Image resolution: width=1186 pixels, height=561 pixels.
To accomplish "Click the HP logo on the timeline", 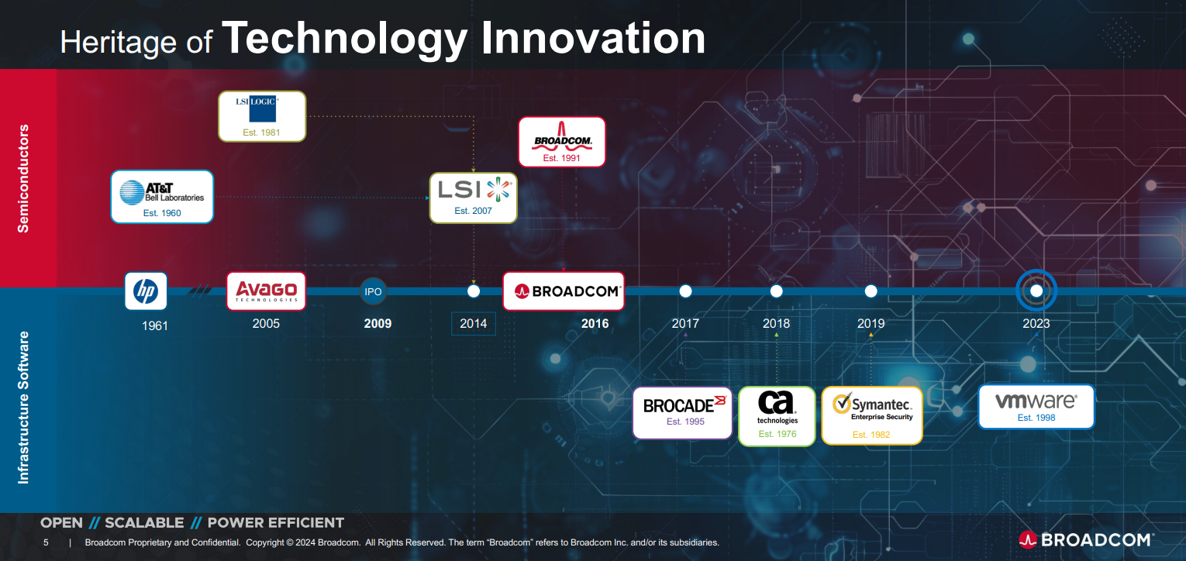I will pyautogui.click(x=146, y=291).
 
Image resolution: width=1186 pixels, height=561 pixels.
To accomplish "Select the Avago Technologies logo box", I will pyautogui.click(x=266, y=291).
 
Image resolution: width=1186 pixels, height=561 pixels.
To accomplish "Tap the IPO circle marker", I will pyautogui.click(x=373, y=291).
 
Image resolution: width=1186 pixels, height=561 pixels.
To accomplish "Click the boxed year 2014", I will pyautogui.click(x=473, y=323).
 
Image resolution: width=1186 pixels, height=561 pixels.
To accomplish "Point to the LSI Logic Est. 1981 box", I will pyautogui.click(x=262, y=116).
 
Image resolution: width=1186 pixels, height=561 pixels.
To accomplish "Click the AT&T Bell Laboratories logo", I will pyautogui.click(x=162, y=197).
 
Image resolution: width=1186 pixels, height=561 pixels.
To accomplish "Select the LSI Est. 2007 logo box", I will pyautogui.click(x=473, y=198).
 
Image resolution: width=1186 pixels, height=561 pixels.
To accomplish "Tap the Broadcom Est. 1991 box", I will pyautogui.click(x=561, y=142).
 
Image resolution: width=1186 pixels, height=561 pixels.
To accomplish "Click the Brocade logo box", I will pyautogui.click(x=682, y=412).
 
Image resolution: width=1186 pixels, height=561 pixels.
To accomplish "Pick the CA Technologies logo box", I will pyautogui.click(x=777, y=416).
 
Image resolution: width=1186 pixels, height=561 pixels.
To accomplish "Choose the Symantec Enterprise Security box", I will pyautogui.click(x=872, y=415).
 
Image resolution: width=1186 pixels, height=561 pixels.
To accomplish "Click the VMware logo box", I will pyautogui.click(x=1036, y=407).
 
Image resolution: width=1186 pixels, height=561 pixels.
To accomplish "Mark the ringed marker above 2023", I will pyautogui.click(x=1036, y=291).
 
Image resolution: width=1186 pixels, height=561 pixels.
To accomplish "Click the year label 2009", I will pyautogui.click(x=378, y=323).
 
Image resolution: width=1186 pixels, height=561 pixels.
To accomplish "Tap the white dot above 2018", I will pyautogui.click(x=776, y=291).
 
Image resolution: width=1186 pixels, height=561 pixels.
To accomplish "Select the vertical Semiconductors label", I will pyautogui.click(x=24, y=178).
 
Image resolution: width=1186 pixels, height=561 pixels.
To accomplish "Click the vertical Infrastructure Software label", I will pyautogui.click(x=24, y=408).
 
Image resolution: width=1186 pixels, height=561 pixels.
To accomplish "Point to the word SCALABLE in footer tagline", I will pyautogui.click(x=144, y=523).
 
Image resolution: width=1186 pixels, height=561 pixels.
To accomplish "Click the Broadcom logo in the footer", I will pyautogui.click(x=1085, y=539).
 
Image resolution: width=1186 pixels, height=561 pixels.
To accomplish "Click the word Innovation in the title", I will pyautogui.click(x=593, y=39).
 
